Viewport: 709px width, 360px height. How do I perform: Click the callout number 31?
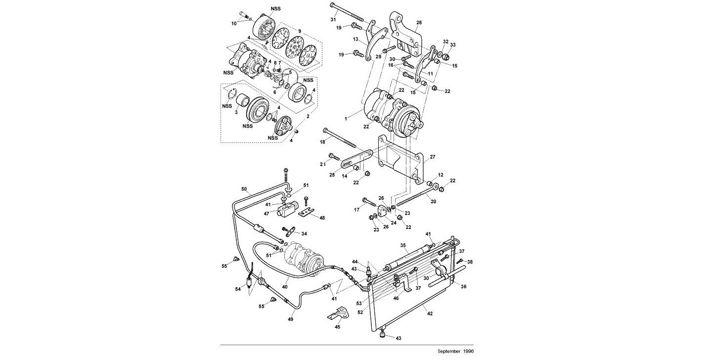(333, 19)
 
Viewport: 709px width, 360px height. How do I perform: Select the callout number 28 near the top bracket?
(419, 23)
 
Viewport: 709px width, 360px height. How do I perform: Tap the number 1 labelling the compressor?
(347, 119)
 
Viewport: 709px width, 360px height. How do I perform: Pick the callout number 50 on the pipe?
(244, 189)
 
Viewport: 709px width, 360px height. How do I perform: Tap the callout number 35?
(403, 245)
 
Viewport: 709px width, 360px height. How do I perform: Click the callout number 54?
(238, 289)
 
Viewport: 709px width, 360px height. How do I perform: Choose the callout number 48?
(322, 218)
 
